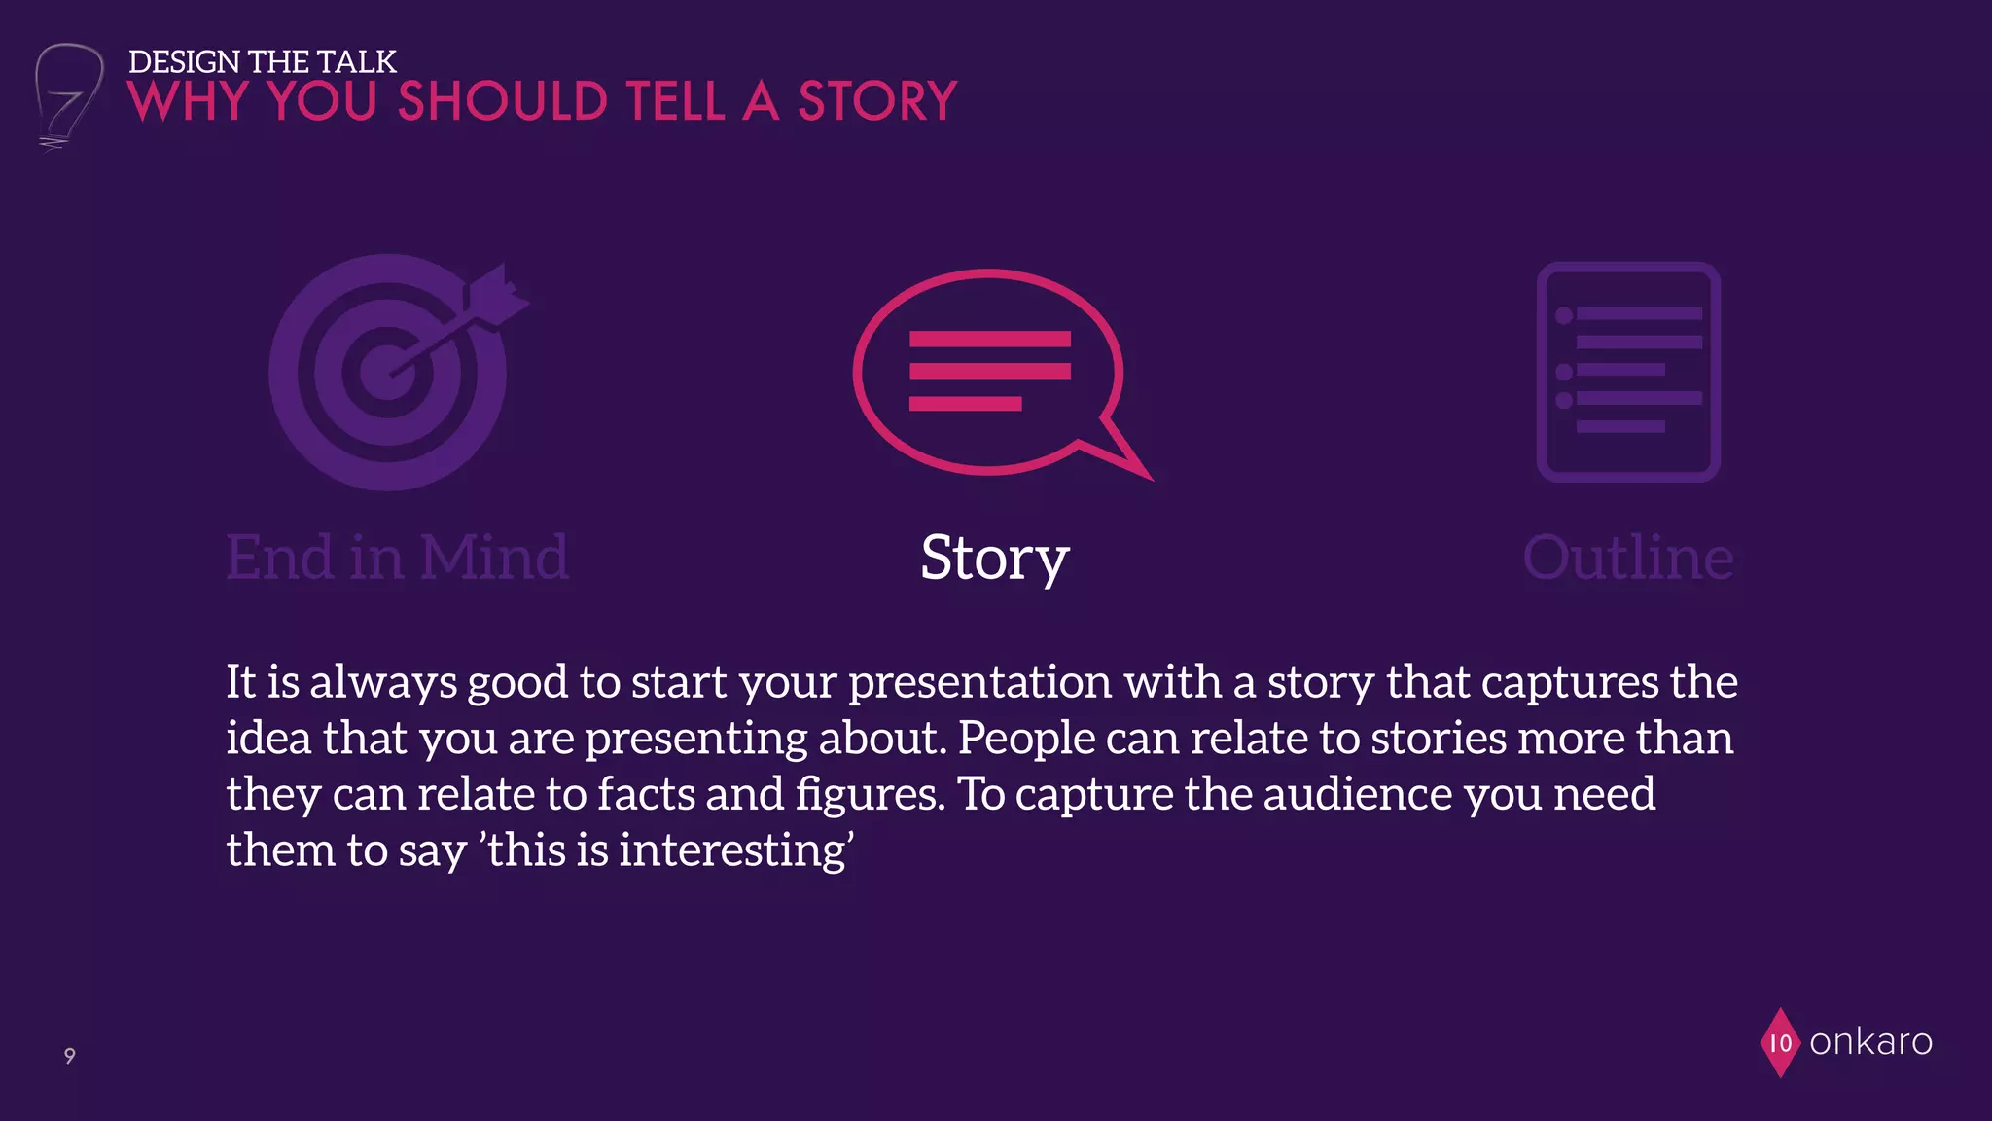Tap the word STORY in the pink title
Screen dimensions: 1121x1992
point(877,101)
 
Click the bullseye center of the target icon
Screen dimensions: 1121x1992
point(387,373)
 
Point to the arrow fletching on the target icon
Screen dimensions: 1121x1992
point(501,290)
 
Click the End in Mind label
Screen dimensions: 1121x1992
point(397,558)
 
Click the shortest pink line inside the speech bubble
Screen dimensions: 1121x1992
point(965,404)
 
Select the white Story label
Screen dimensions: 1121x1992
point(994,559)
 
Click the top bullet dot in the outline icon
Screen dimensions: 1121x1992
point(1564,315)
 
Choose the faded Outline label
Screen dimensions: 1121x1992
point(1627,558)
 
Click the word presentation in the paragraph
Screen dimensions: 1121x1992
point(979,681)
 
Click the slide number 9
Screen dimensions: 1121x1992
point(69,1056)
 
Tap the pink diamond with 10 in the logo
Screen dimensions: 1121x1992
point(1780,1043)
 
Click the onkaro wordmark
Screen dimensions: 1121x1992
point(1870,1042)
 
